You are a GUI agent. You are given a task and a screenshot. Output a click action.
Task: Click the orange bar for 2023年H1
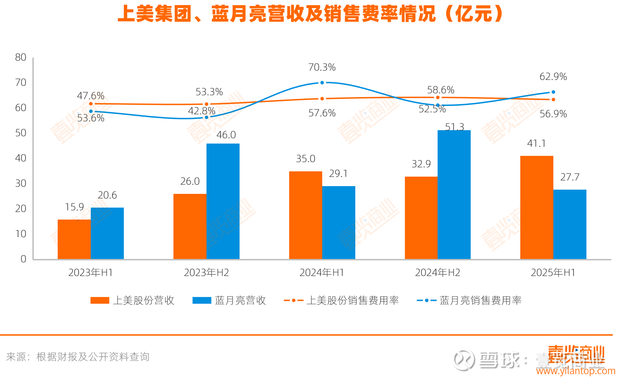[74, 239]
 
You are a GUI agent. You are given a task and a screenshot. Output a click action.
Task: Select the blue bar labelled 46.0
[223, 201]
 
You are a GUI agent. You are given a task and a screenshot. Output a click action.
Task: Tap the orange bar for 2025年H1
[536, 208]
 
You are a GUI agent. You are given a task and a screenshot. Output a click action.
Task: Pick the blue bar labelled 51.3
[454, 195]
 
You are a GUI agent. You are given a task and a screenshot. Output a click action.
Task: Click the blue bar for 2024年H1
[338, 222]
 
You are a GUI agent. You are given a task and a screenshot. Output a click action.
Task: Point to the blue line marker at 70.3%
[322, 83]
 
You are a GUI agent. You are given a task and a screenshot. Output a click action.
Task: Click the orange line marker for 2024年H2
[438, 97]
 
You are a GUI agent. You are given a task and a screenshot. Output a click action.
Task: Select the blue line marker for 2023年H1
[91, 111]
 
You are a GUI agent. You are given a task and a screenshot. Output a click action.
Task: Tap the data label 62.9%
[553, 77]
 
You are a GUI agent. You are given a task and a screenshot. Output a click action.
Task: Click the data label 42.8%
[202, 111]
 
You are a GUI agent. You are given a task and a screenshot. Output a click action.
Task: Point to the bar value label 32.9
[421, 164]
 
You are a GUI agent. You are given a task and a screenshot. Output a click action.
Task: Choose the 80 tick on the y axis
[21, 57]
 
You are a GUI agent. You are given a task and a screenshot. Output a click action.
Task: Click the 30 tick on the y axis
[21, 183]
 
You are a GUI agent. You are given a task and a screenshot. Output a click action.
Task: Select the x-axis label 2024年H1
[322, 273]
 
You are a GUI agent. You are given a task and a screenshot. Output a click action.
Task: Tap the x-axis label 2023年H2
[206, 273]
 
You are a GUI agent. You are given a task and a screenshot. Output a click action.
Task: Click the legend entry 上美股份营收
[133, 300]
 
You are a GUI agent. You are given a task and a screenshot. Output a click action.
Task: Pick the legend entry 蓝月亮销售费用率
[469, 300]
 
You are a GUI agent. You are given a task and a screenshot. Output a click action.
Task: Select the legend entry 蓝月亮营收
[229, 300]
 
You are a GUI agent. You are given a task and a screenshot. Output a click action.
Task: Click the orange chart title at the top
[311, 14]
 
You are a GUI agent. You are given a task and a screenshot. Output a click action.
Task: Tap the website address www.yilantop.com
[576, 371]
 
